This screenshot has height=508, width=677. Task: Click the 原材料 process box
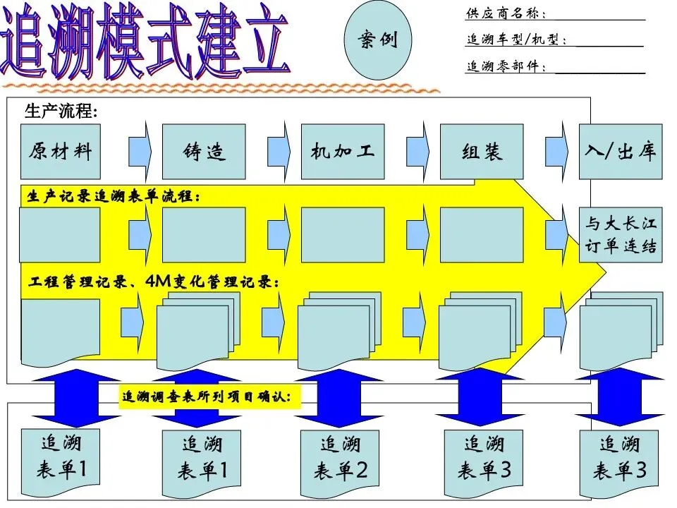[60, 152]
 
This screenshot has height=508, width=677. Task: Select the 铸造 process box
[204, 152]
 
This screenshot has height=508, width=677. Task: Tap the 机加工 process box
[343, 152]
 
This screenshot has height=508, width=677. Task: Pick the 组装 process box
[482, 152]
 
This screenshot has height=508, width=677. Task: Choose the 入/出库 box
[621, 152]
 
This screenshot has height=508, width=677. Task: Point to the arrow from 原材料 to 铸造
[141, 151]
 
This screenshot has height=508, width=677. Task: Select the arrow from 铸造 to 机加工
[279, 151]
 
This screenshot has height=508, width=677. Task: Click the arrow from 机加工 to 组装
[418, 151]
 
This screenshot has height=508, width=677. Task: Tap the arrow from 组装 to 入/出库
[557, 151]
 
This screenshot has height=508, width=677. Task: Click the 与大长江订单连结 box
[621, 235]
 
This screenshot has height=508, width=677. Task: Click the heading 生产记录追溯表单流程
[113, 197]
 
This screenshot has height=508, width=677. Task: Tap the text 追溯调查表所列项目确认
[212, 397]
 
